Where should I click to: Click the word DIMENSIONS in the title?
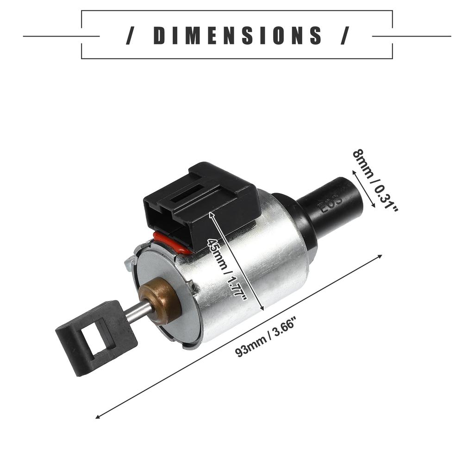pyautogui.click(x=237, y=36)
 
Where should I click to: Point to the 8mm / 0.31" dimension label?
pyautogui.click(x=375, y=181)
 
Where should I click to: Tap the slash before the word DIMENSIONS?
pyautogui.click(x=130, y=36)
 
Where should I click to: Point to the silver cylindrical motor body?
pyautogui.click(x=259, y=264)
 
